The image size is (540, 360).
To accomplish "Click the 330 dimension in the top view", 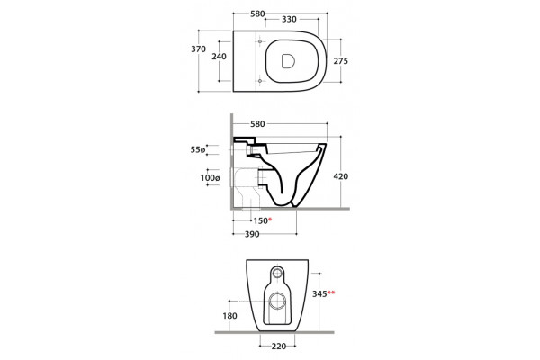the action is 289,19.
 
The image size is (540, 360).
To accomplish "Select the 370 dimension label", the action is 198,49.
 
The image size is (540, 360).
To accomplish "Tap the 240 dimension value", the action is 219,56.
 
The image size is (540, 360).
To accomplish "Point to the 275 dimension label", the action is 341,61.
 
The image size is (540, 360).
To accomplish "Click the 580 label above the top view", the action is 257,13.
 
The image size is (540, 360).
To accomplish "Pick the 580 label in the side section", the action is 257,124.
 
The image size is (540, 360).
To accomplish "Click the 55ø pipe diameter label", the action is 198,150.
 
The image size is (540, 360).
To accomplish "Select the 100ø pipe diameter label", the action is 210,178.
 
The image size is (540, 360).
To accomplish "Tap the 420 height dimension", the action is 341,176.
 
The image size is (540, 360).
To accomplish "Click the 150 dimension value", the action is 260,220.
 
